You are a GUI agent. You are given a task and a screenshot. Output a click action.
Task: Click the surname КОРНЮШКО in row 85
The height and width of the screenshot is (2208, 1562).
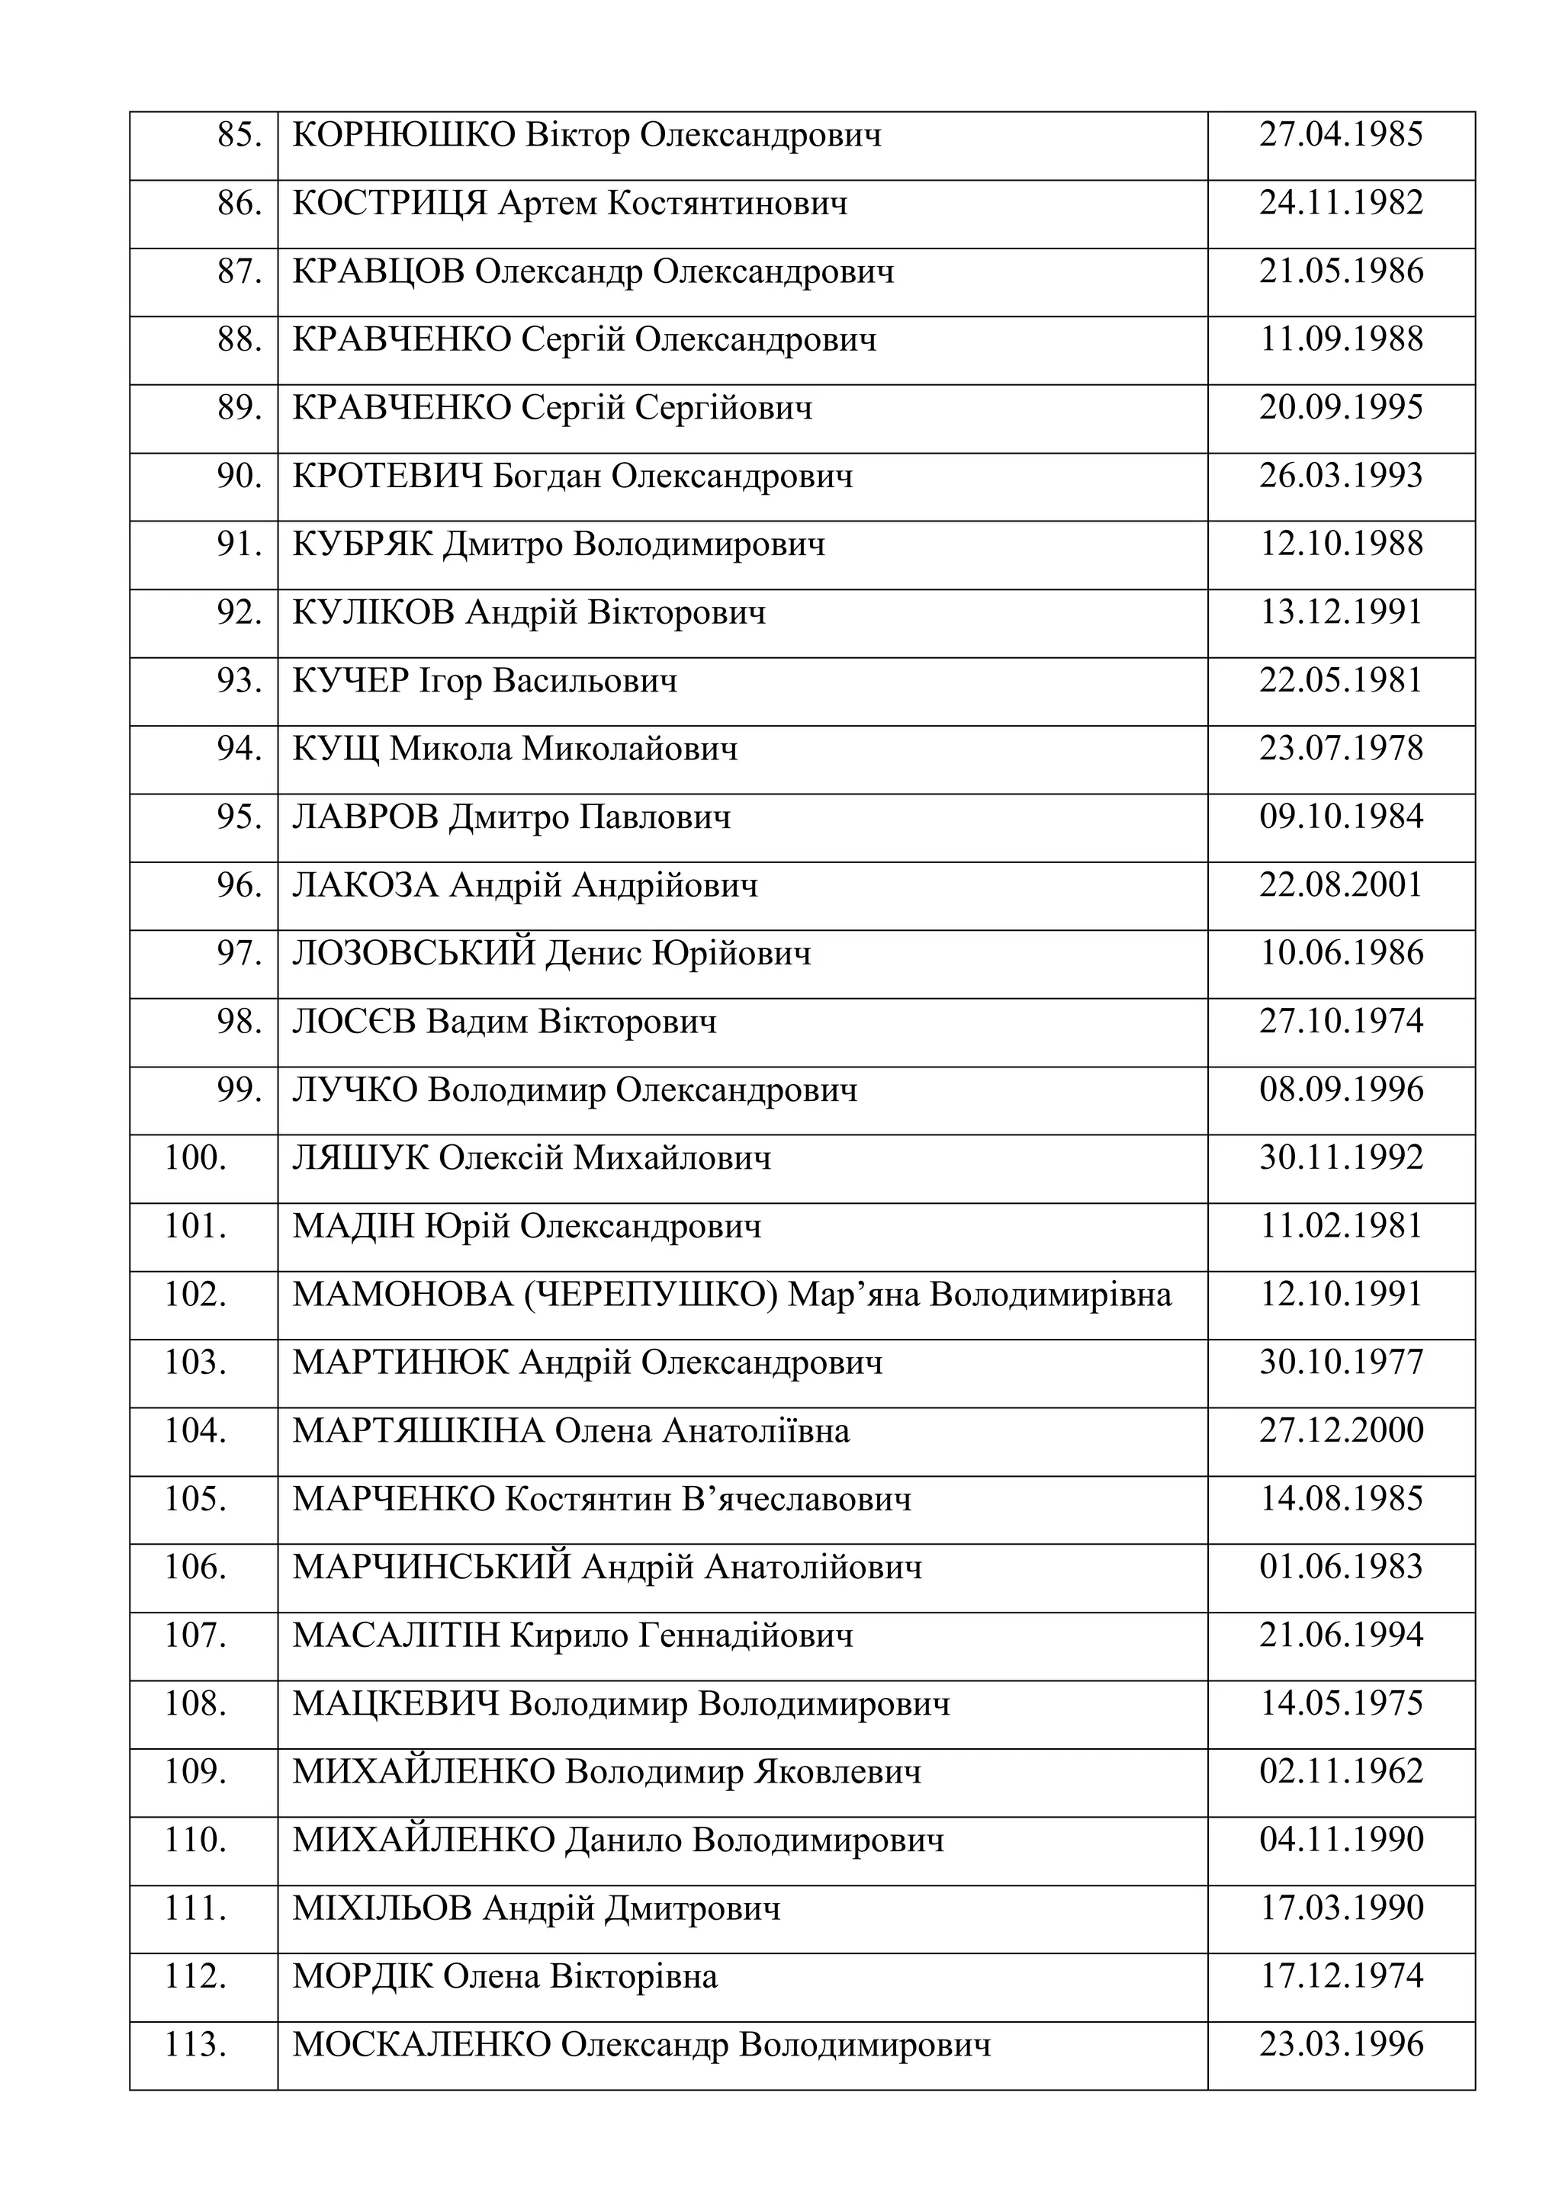404,136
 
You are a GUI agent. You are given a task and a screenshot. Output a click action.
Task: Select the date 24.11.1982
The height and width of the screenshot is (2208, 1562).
1341,203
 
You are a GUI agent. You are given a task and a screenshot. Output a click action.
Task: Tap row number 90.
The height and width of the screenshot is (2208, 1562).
239,476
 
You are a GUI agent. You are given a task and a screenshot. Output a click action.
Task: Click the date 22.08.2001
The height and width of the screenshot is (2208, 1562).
1341,884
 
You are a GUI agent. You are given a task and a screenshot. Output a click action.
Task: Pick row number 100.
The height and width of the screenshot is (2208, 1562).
195,1158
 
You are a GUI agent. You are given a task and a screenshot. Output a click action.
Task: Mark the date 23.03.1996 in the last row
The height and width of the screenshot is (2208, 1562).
1341,2045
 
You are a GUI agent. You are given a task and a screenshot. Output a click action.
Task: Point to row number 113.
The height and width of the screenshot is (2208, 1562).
195,2046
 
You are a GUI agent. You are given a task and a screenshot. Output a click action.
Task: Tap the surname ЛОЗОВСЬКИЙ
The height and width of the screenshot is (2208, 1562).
413,954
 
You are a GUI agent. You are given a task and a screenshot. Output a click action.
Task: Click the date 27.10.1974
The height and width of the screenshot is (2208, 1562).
1341,1022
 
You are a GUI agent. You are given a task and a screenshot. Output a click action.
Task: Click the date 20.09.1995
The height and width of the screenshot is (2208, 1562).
1341,408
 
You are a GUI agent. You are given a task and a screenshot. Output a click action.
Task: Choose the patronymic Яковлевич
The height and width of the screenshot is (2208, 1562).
837,1773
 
